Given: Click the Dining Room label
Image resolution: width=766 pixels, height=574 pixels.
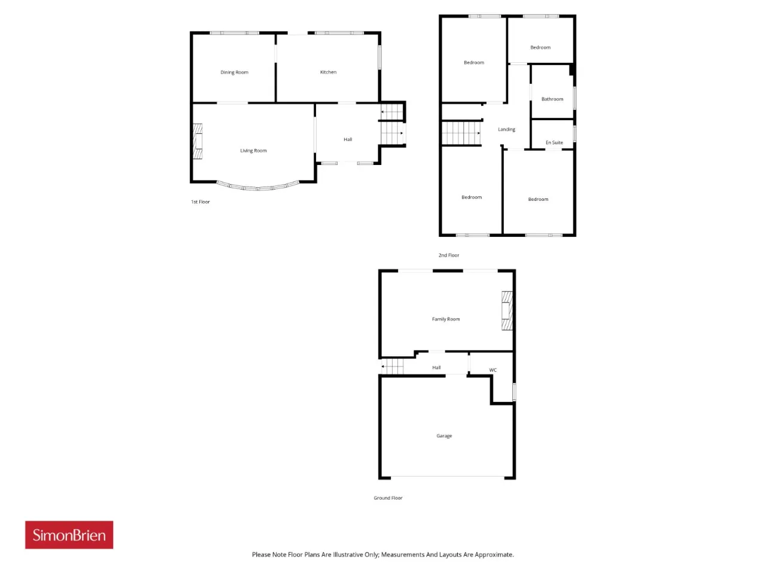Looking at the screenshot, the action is pos(234,72).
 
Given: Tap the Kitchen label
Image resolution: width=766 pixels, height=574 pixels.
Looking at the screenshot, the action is pos(328,72).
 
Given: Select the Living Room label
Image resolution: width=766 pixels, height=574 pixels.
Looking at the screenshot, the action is pos(253,151).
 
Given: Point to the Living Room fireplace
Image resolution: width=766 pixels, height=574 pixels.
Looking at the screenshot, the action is pos(198,141).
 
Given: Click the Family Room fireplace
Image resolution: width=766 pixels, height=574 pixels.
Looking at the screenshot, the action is pos(507,310).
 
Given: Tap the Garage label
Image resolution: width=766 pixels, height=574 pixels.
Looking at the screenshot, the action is pos(444,436).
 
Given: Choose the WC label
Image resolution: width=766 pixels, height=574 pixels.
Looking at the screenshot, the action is pos(493,370).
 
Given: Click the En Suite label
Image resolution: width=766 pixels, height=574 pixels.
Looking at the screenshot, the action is pos(554,142).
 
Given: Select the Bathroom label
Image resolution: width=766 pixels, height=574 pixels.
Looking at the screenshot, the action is pos(552,99).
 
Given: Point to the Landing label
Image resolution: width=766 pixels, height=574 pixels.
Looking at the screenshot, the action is pos(506,129).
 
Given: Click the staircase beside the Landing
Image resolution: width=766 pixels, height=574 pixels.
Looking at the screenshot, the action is pos(461,133).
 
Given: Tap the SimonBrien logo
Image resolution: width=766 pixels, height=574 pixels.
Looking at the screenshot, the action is pos(69,535).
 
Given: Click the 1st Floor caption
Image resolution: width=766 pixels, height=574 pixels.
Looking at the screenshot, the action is pos(200,201).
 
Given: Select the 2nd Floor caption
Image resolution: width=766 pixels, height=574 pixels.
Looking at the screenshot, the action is pos(449,255).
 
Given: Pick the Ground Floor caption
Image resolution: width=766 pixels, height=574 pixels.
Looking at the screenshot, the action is pos(388,497).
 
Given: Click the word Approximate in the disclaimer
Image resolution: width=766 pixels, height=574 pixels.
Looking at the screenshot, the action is pos(494,554).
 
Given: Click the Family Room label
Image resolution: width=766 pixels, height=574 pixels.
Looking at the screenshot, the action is pos(446,319).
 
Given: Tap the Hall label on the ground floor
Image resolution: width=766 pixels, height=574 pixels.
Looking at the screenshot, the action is pos(436,367).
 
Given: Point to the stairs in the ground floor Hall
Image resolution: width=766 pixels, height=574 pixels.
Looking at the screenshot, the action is pos(392,367).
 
